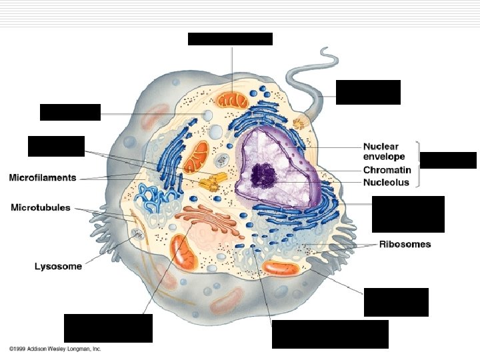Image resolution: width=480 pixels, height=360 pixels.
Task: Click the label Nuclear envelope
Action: [x=381, y=151]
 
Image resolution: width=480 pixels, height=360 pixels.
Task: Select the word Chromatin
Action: [x=386, y=170]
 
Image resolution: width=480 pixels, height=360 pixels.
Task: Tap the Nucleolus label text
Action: [x=386, y=182]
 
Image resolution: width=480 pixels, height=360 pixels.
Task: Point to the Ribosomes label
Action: [x=405, y=244]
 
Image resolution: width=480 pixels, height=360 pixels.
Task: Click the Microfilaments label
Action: [x=43, y=178]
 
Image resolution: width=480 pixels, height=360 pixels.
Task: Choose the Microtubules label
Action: [x=41, y=207]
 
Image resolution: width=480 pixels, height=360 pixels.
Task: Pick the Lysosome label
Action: [x=58, y=266]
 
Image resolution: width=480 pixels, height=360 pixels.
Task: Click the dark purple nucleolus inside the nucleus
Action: [x=263, y=175]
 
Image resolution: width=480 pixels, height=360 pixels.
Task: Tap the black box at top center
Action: [x=230, y=39]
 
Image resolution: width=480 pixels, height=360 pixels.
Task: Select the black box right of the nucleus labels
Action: [x=448, y=160]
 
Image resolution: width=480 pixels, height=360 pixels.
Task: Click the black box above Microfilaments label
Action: [x=56, y=146]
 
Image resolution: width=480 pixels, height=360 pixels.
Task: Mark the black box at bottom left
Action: [x=108, y=328]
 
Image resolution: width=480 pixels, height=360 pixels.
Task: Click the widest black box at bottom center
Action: [x=330, y=334]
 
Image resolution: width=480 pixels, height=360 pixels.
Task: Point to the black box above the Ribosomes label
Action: [x=408, y=213]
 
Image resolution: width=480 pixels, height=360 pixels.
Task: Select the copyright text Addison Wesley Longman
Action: [x=55, y=349]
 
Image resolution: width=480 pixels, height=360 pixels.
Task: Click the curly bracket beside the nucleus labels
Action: [x=417, y=164]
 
